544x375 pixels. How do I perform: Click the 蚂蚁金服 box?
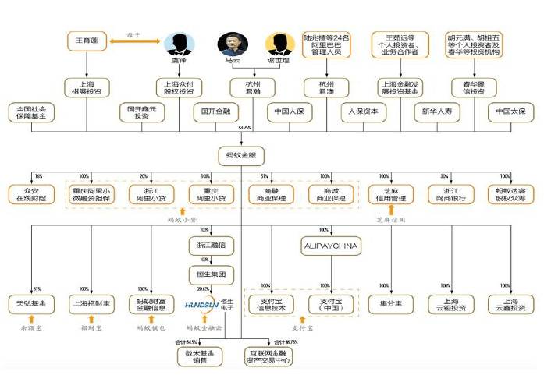coord(240,154)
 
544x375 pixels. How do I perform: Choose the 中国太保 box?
coord(511,112)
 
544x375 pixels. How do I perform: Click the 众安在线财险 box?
coord(28,195)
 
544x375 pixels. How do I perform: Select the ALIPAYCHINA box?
coord(329,247)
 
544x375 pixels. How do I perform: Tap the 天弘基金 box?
coord(28,303)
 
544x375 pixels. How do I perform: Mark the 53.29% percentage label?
coord(244,127)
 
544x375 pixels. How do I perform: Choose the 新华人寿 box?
coord(437,112)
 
